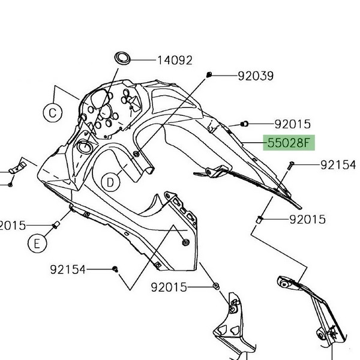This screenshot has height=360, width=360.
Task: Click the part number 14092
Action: (x=175, y=60)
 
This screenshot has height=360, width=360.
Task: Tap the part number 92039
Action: (x=256, y=76)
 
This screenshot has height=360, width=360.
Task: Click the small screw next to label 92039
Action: (x=208, y=74)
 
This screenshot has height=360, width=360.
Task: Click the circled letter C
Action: (x=52, y=112)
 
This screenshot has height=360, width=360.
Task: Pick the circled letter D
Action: (x=111, y=181)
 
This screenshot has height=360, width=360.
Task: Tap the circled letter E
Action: (x=37, y=243)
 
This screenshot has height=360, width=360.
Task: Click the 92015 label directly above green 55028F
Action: (x=293, y=125)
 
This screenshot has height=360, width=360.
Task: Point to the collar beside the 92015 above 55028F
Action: (x=244, y=124)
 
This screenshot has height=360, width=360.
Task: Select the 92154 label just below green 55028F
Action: (x=338, y=164)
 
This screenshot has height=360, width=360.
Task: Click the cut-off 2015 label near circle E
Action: (x=13, y=225)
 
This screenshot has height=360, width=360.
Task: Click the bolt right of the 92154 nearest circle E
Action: (x=116, y=270)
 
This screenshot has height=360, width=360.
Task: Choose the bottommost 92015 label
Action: (x=169, y=287)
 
